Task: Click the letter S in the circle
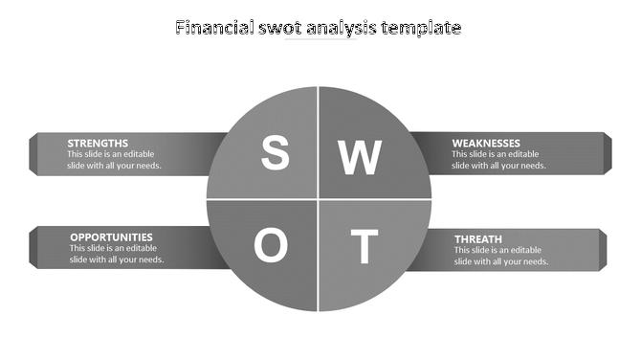pyautogui.click(x=276, y=153)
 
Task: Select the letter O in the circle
pyautogui.click(x=271, y=247)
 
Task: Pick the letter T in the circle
pyautogui.click(x=362, y=247)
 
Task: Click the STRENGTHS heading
pyautogui.click(x=98, y=143)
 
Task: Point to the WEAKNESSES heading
pyautogui.click(x=486, y=143)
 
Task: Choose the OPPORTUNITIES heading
pyautogui.click(x=111, y=236)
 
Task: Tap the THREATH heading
pyautogui.click(x=478, y=238)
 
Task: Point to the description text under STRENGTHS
pyautogui.click(x=114, y=160)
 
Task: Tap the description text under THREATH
pyautogui.click(x=501, y=256)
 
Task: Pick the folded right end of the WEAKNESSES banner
pyautogui.click(x=605, y=153)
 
